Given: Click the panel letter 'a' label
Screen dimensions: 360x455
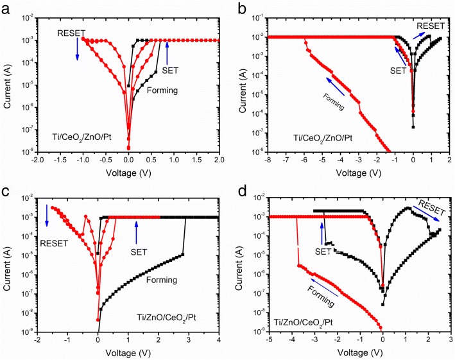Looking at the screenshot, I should [8, 8].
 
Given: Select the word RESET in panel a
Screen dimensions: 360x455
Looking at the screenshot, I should [71, 32].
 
